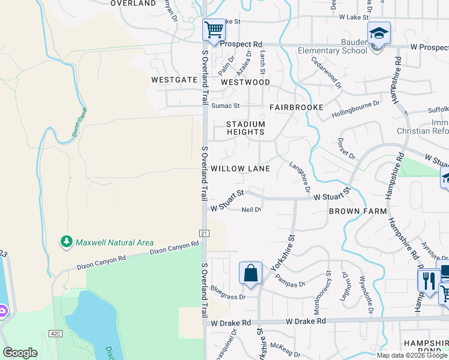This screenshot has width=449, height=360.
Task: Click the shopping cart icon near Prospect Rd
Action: click(x=214, y=30)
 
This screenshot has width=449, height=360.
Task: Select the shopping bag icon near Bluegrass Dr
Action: click(x=251, y=274)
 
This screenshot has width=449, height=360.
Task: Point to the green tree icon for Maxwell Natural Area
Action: click(x=66, y=242)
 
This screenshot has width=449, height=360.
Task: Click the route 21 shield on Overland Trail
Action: click(x=204, y=232)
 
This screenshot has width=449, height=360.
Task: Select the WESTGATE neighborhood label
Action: click(x=174, y=79)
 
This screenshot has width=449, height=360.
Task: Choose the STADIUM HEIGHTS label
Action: click(x=245, y=128)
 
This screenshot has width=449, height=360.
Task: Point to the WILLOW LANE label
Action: click(x=240, y=169)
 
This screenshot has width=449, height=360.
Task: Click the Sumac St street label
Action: click(x=225, y=106)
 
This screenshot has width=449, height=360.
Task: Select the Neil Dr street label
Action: click(x=251, y=209)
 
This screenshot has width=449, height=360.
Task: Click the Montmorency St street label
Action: click(x=328, y=292)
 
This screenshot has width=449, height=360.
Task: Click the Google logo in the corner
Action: click(x=20, y=353)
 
